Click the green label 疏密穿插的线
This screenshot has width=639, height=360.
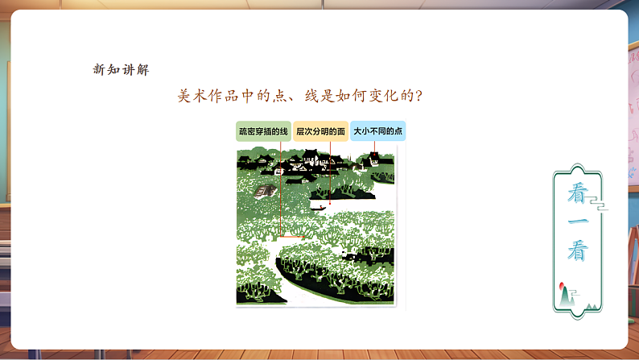click(263, 130)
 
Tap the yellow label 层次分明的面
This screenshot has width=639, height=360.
click(320, 130)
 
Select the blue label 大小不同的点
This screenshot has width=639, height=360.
click(377, 130)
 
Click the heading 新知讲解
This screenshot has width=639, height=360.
click(121, 69)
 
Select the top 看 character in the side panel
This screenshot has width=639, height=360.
click(579, 192)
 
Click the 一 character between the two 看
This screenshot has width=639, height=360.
click(579, 222)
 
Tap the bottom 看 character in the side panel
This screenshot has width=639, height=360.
click(579, 250)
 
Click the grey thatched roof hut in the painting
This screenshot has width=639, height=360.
click(262, 192)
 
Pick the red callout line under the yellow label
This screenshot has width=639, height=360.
click(329, 173)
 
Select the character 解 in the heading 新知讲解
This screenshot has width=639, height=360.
click(143, 69)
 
